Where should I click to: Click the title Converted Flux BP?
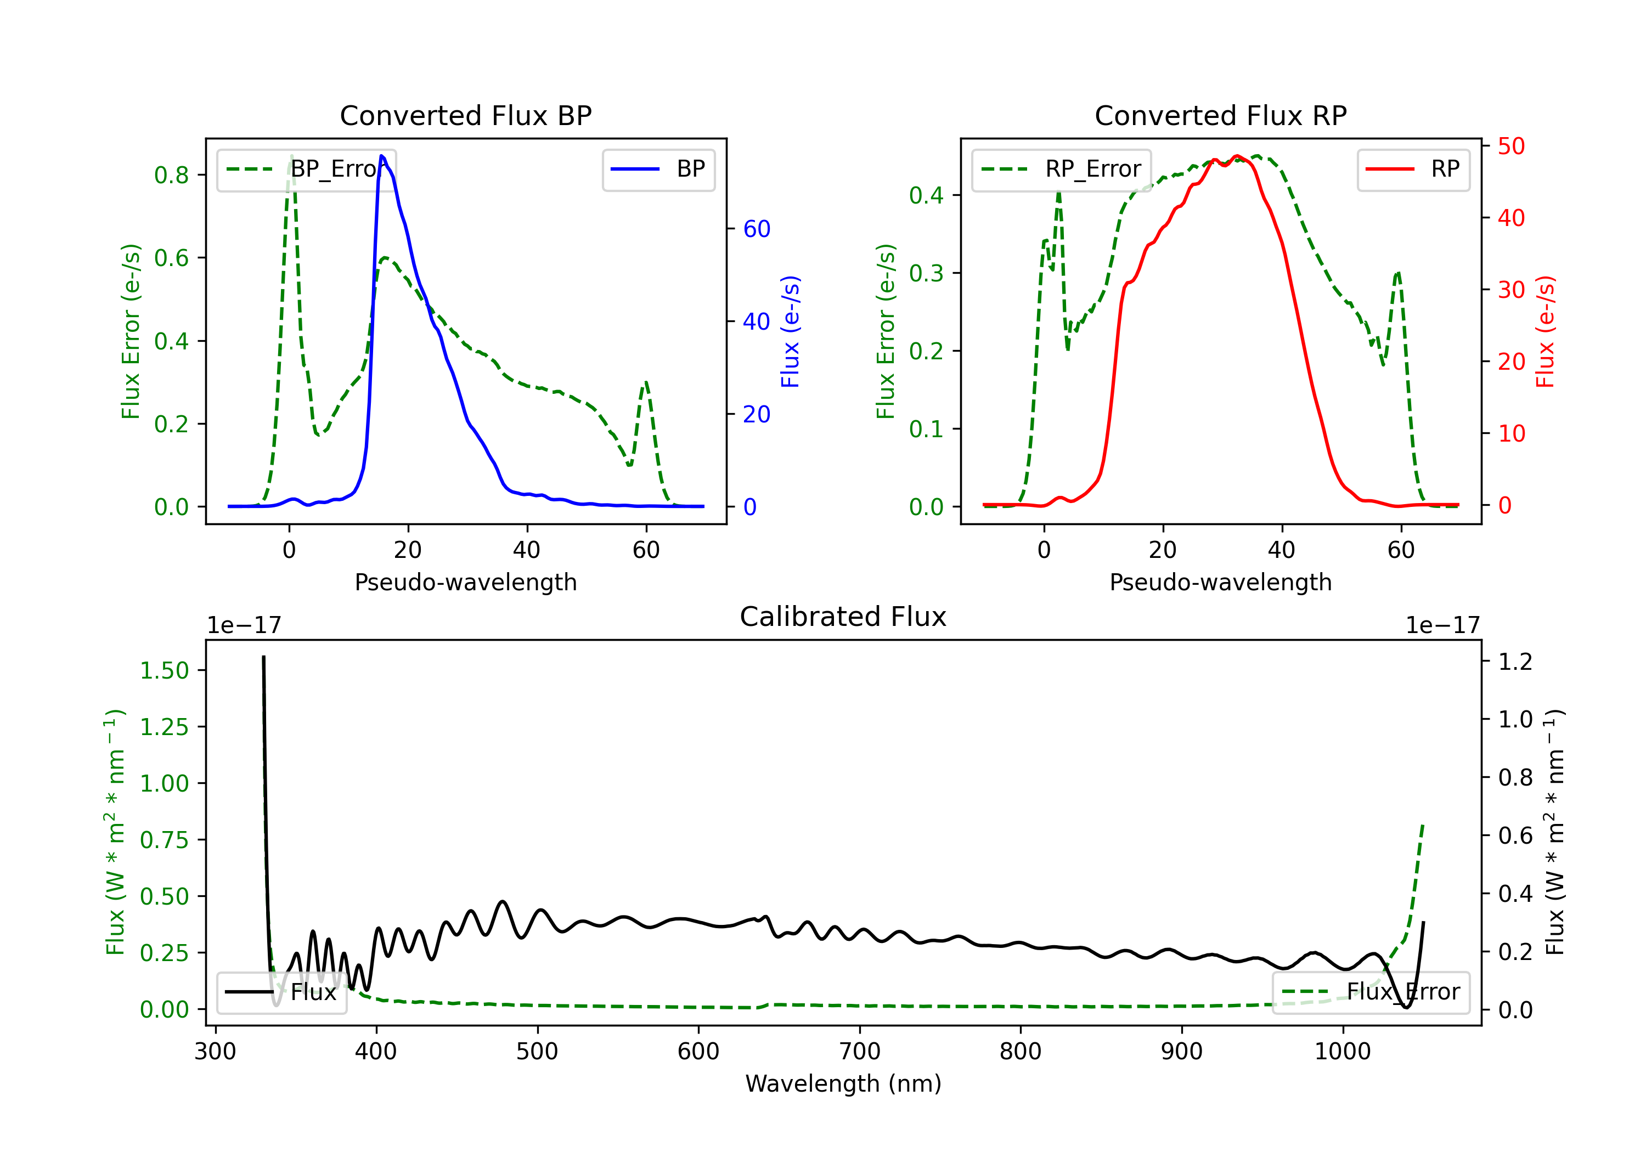[465, 115]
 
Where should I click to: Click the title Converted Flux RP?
[1220, 115]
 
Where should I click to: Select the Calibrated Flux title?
[843, 617]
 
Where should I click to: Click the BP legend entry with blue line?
[658, 169]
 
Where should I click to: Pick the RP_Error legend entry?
[1061, 169]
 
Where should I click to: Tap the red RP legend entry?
[1413, 169]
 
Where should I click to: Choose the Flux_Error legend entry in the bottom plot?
[1371, 992]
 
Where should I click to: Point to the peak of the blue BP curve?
[381, 156]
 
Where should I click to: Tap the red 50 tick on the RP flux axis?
[1511, 146]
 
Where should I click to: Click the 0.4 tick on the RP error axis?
[926, 195]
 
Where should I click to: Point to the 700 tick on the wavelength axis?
[860, 1052]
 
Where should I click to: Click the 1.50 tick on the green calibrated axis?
[164, 670]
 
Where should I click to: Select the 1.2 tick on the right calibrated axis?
[1515, 661]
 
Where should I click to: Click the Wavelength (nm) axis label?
[843, 1083]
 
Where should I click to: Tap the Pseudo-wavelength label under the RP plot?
[1220, 582]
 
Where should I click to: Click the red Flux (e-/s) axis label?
[1546, 332]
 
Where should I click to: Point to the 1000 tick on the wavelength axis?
[1343, 1052]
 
